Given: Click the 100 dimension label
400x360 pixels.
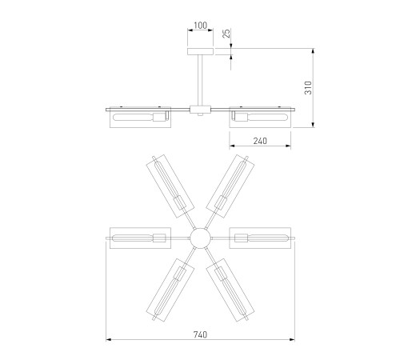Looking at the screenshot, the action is pos(200,26).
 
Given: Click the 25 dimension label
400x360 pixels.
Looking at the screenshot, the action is pos(226,34).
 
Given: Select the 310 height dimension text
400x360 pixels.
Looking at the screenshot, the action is pos(308,88).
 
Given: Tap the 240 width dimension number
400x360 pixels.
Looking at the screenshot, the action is pos(260,141).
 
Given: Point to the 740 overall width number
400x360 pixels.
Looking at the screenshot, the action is pos(200,334).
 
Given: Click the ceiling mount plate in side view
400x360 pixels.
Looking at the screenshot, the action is pos(200,52).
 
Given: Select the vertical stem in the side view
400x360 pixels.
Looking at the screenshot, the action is pos(200,80).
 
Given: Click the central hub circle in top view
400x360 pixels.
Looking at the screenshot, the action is pos(200,238).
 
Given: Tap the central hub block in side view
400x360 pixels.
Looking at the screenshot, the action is pos(200,110).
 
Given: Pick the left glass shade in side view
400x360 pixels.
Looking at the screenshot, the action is pos(140,118).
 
